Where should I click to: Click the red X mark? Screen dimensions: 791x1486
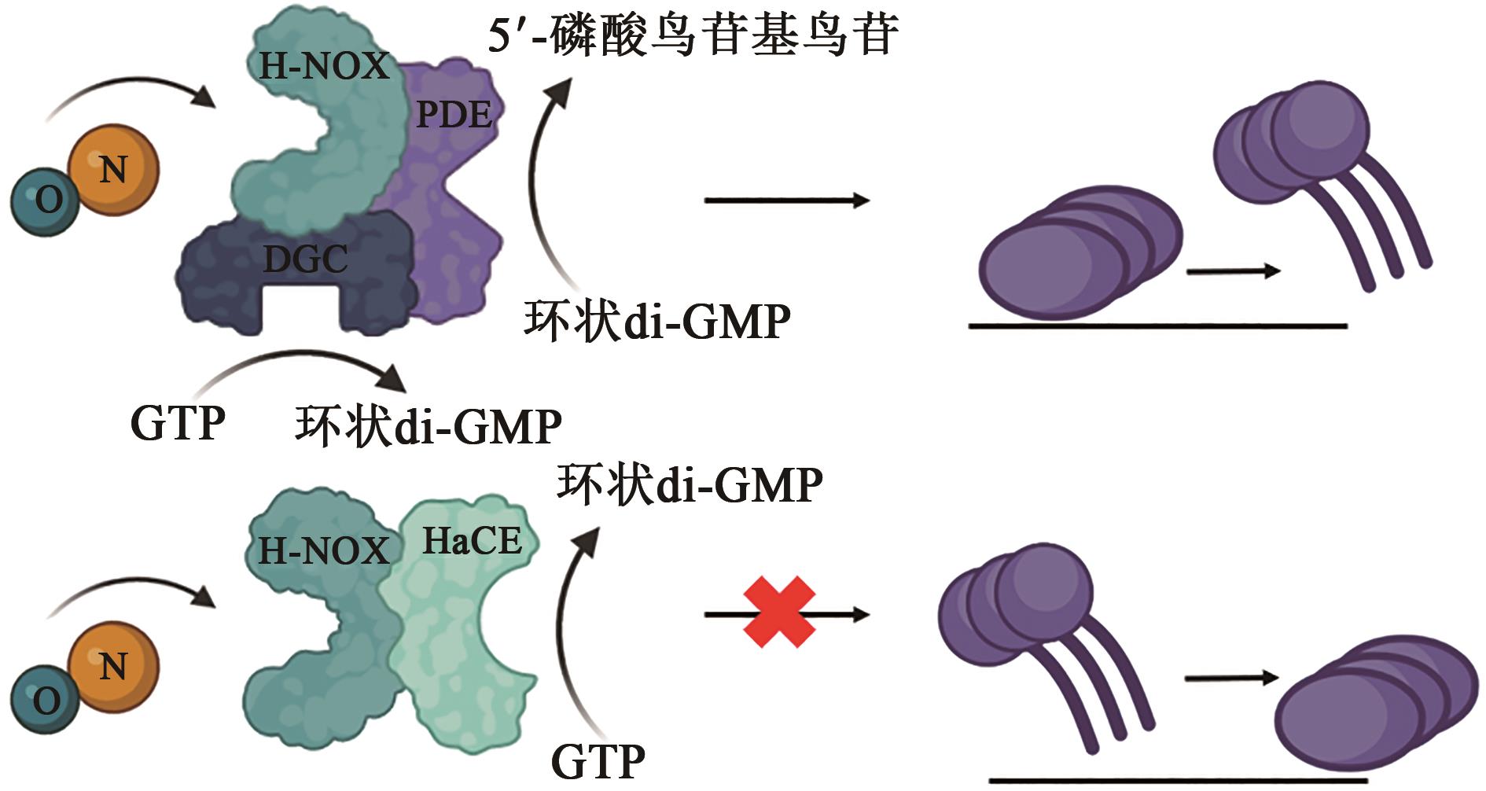tap(778, 612)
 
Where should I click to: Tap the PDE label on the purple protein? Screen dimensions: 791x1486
tap(454, 115)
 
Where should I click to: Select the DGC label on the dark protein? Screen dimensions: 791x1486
tap(305, 259)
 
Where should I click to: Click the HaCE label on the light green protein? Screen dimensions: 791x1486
tap(472, 541)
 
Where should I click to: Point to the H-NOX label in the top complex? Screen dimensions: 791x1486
tap(324, 65)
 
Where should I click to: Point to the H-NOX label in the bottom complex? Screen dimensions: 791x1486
tap(324, 550)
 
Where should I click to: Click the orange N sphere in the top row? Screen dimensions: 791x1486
tap(113, 168)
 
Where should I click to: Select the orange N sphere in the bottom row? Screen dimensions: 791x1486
tap(113, 665)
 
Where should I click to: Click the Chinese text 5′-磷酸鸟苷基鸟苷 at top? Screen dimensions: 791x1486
tap(692, 35)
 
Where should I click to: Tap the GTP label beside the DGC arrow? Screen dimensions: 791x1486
tap(178, 423)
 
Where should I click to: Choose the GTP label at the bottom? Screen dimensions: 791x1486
tap(598, 760)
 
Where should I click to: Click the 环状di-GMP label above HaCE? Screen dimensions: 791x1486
tap(690, 484)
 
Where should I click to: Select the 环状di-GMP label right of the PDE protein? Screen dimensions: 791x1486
tap(657, 321)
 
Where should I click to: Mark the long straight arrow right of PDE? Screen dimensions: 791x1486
tap(786, 201)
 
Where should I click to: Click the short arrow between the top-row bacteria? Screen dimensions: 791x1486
tap(1233, 271)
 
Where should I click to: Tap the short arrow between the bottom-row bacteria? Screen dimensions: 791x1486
tap(1231, 678)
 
